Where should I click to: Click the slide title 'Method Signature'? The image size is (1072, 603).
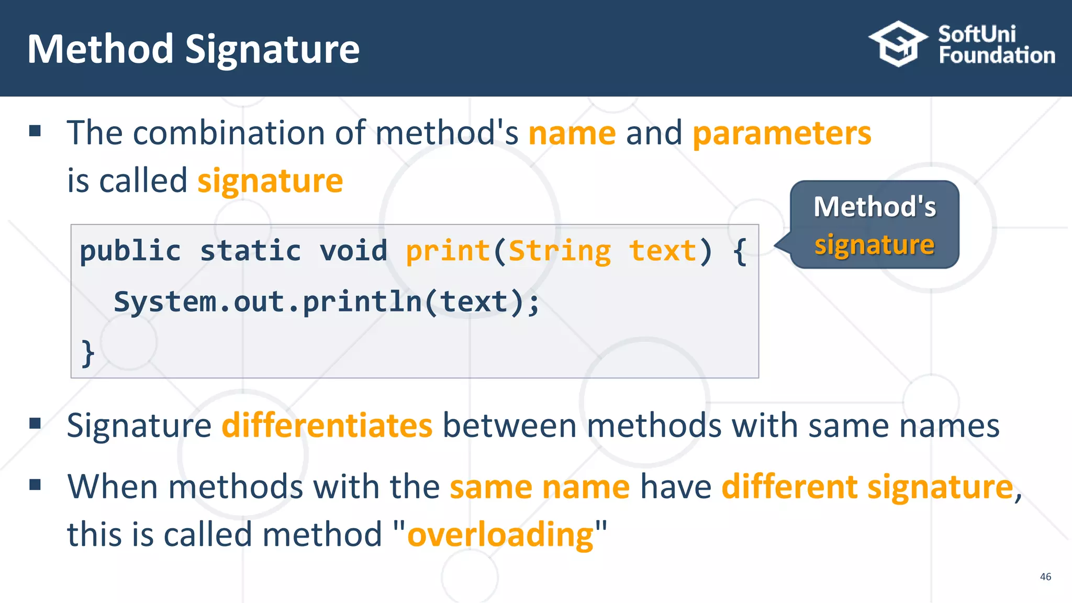tap(193, 49)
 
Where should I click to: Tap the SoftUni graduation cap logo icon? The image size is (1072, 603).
tap(898, 44)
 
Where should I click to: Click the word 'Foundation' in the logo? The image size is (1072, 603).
tap(997, 55)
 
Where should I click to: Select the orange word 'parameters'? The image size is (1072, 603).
tap(782, 133)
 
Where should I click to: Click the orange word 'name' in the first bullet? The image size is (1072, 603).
tap(572, 133)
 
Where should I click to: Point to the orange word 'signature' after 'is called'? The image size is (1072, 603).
tap(270, 181)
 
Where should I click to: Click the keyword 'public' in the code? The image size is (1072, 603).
tap(130, 251)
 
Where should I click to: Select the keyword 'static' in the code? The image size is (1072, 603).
tap(251, 251)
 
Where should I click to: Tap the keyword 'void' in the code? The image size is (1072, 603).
tap(354, 251)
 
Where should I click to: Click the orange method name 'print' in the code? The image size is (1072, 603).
tap(448, 251)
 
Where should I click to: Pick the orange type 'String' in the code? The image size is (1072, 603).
tap(560, 251)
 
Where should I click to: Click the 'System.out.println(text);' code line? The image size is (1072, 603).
tap(327, 302)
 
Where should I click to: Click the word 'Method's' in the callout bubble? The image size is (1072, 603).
tap(875, 207)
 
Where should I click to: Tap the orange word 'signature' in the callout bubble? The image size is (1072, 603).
tap(874, 245)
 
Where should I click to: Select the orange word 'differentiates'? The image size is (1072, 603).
tap(327, 425)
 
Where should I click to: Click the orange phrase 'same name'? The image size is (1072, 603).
tap(540, 487)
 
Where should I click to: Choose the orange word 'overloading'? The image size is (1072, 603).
tap(500, 535)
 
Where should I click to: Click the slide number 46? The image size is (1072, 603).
tap(1045, 576)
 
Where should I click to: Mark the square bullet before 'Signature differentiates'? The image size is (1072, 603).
tap(35, 423)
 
